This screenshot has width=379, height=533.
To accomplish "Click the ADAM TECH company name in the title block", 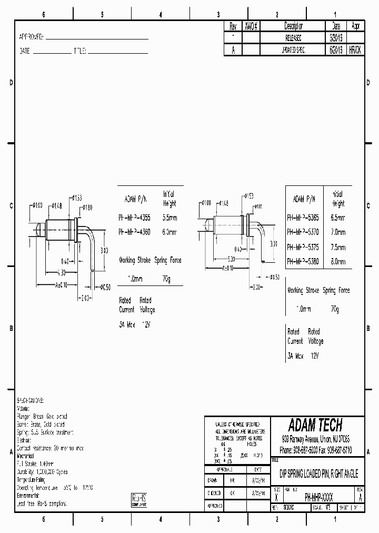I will coord(315,425).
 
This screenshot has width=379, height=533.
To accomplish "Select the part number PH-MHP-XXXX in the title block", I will coord(312,497).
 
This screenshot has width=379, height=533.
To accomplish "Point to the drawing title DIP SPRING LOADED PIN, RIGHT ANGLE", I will coord(318,475).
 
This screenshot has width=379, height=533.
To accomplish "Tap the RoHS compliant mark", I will coord(139,500).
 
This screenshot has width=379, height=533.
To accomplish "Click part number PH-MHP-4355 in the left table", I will coord(135,218).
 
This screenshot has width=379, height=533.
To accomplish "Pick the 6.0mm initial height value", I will coord(169,232).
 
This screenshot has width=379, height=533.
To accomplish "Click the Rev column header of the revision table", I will coord(233,26).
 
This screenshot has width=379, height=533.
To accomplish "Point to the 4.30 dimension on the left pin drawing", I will coord(62,272).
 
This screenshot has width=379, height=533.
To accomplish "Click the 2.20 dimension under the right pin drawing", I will coord(255,288).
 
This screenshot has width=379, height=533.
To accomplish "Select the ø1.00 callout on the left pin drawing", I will coord(37,205).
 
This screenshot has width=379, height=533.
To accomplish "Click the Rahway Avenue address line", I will coord(315,439).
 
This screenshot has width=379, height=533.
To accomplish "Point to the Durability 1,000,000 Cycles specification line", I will coord(43,472).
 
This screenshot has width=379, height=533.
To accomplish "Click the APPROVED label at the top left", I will coord(32,38).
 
